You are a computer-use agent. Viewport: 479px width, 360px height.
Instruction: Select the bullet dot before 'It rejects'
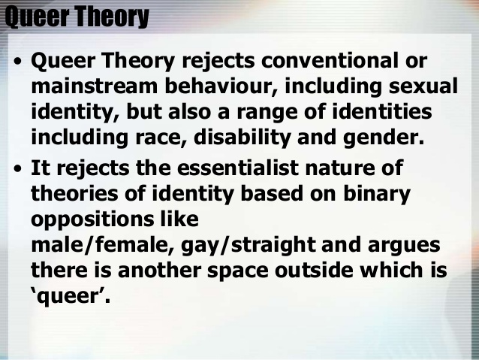(x=17, y=168)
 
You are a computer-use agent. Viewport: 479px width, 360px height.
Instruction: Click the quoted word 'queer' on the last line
(x=71, y=296)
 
